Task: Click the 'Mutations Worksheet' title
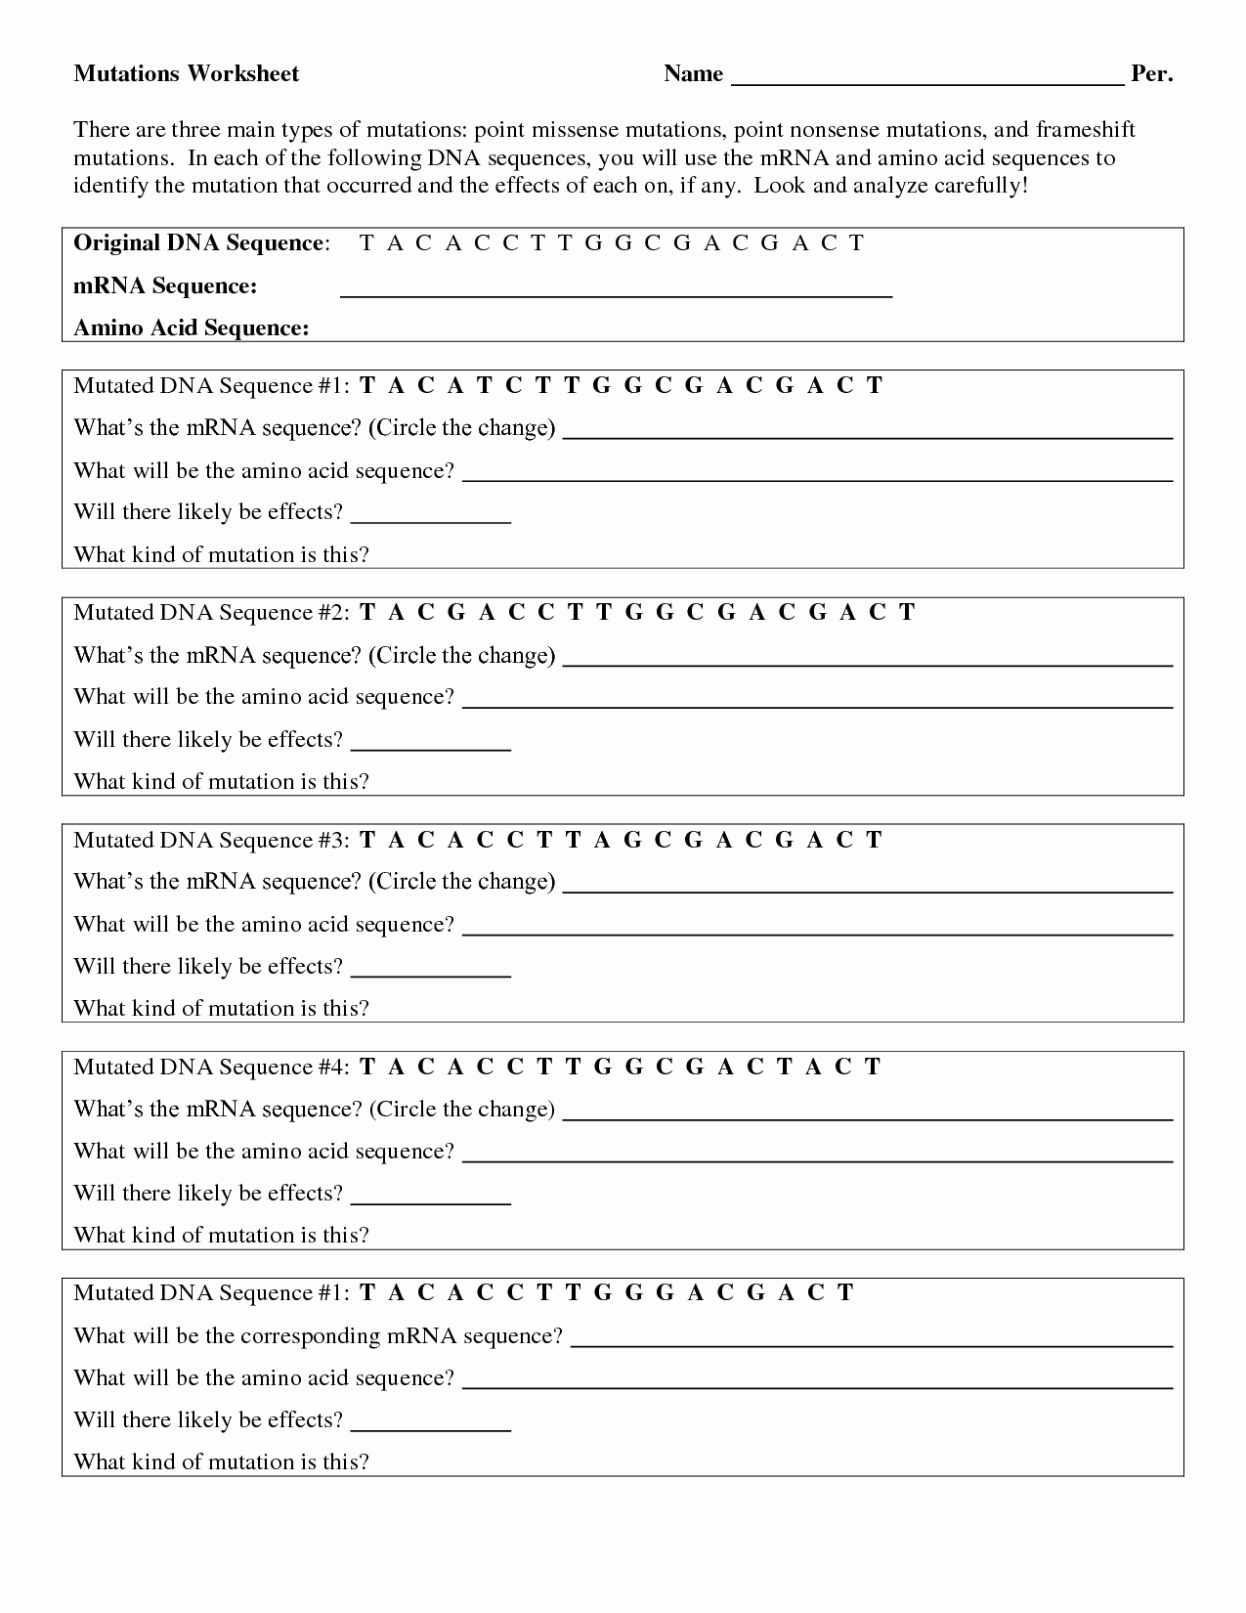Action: [x=187, y=74]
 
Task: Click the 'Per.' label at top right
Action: [x=1151, y=74]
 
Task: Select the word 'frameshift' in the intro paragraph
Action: [x=1086, y=130]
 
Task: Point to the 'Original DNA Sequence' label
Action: [x=198, y=243]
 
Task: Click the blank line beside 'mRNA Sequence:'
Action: [x=616, y=293]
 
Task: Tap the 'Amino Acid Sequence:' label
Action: [x=192, y=328]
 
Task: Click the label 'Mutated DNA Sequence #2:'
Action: [x=210, y=613]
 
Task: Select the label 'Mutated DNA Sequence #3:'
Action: [x=210, y=841]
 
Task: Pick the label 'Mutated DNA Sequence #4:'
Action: [x=210, y=1068]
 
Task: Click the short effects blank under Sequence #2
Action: [x=430, y=748]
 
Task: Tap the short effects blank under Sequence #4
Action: [x=430, y=1201]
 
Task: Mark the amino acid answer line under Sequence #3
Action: [x=816, y=934]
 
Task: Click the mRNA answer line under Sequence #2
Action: [x=868, y=664]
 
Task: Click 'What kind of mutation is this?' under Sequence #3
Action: [x=222, y=1009]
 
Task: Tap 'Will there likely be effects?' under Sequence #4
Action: [x=208, y=1194]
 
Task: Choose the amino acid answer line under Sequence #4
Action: [x=816, y=1160]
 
